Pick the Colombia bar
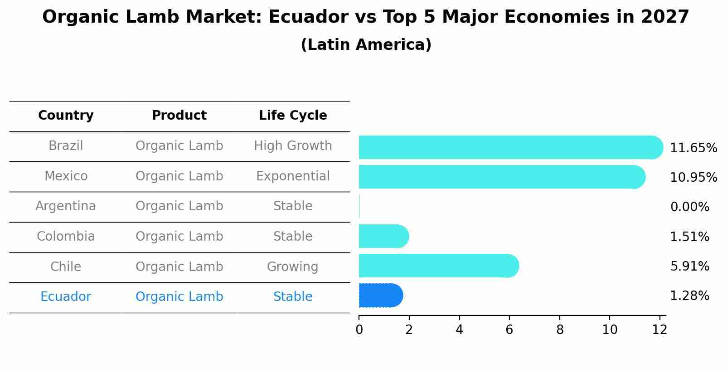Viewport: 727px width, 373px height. click(383, 236)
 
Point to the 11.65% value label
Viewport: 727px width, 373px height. click(693, 148)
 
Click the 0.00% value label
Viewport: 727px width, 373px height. click(689, 207)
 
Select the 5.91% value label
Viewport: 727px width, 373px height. click(689, 266)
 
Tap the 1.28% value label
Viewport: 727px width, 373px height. click(689, 296)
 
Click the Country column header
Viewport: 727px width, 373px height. click(66, 116)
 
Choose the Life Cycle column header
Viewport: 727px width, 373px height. click(293, 116)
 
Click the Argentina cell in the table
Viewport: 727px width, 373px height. click(66, 206)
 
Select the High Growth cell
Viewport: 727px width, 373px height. click(293, 146)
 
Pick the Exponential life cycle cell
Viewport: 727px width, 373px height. click(293, 176)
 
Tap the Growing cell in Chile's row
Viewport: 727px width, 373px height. click(293, 267)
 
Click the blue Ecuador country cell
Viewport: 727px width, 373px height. click(66, 297)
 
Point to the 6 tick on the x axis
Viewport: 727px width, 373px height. click(509, 329)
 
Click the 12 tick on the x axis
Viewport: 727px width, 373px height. click(659, 329)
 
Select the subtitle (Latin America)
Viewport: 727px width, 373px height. click(366, 45)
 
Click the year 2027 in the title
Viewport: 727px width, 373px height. click(665, 17)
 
